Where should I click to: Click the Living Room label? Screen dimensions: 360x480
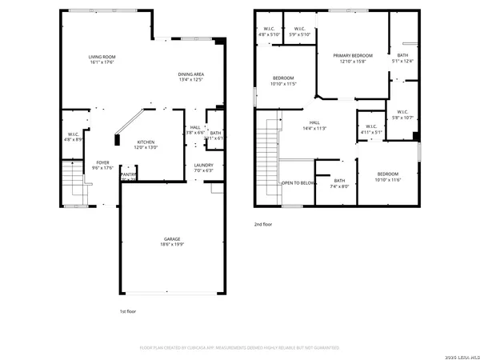point(102,57)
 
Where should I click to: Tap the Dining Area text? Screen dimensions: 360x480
point(191,74)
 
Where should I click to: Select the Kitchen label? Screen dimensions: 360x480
point(145,141)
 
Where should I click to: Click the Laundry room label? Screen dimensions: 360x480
point(203,166)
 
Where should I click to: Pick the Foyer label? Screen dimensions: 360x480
point(102,162)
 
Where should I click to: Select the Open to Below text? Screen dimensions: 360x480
point(298,182)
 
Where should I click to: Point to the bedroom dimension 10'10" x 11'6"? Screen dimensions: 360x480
point(388,179)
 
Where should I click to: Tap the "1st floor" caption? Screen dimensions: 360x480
point(128,311)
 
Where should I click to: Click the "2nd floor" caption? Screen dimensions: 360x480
point(262,225)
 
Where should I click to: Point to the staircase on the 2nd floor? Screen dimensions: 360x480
point(268,160)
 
